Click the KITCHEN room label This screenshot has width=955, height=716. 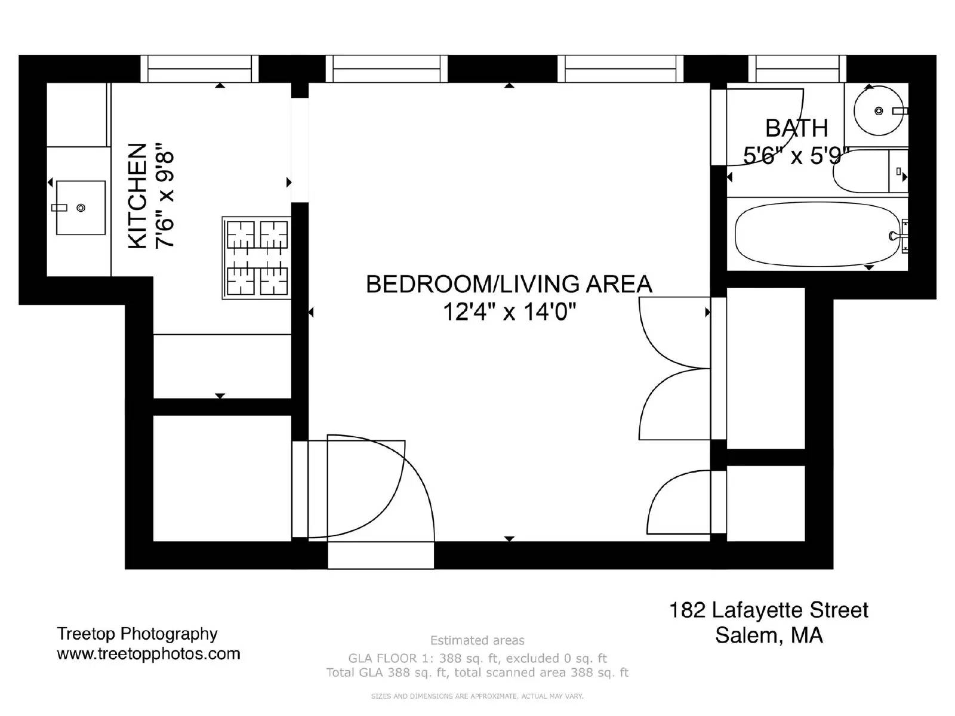(x=137, y=196)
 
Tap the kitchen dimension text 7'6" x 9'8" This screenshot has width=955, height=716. (x=165, y=196)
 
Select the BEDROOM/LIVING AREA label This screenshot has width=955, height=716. (x=509, y=284)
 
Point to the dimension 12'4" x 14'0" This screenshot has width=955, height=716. (x=509, y=311)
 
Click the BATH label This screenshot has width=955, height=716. (x=796, y=128)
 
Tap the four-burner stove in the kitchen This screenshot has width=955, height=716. (x=257, y=258)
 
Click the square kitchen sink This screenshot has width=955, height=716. (x=81, y=208)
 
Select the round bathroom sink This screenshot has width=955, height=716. (x=878, y=111)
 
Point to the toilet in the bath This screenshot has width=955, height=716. (x=868, y=172)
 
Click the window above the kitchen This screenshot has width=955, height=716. (x=199, y=69)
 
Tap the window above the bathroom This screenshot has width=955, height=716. (x=797, y=69)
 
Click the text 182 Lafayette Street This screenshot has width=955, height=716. (x=768, y=610)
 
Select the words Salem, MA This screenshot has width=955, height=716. (x=769, y=635)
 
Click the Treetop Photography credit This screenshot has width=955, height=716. (x=137, y=634)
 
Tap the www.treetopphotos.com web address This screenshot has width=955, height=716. (x=148, y=654)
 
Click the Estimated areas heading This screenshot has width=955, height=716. (x=477, y=641)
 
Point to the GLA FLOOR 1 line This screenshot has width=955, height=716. (x=477, y=658)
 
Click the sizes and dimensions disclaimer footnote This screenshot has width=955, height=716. (x=477, y=696)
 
